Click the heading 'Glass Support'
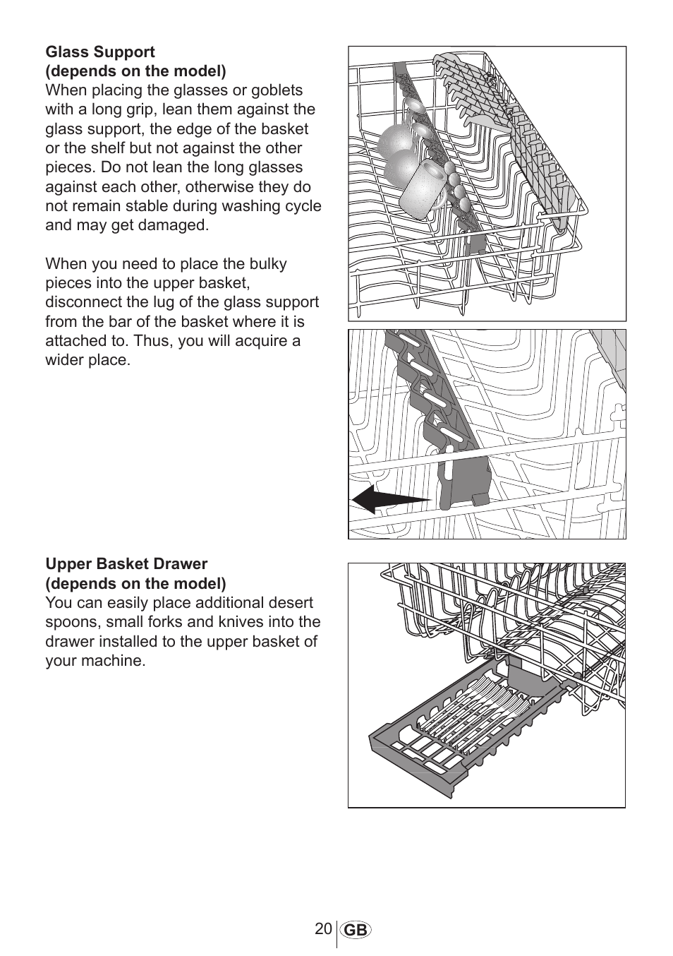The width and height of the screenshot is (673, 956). [x=100, y=52]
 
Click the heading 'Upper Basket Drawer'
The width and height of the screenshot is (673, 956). [x=126, y=564]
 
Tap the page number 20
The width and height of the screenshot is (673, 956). [x=324, y=928]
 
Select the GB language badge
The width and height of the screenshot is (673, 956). [x=356, y=931]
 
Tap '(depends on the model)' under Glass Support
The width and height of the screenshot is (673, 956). [x=136, y=71]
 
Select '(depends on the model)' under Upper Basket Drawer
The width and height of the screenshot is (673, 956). [x=136, y=583]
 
